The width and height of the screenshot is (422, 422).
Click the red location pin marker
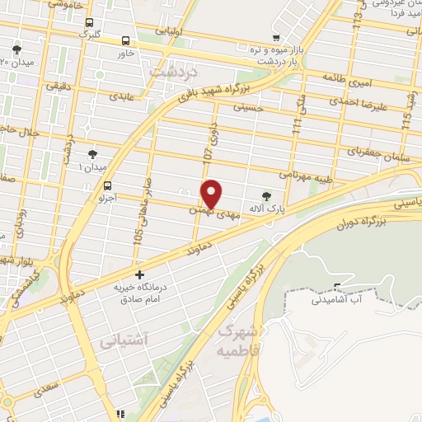point(212,194)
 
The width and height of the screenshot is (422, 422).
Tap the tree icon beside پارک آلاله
point(265,196)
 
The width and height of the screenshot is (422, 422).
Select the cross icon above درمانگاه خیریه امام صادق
point(139,274)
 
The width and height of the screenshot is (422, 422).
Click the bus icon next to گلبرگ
point(88,23)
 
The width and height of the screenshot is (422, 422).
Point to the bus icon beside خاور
point(125,40)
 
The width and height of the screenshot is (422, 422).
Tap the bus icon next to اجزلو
point(107,186)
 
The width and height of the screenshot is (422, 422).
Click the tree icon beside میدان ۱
point(93,154)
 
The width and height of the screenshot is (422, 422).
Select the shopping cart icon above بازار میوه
point(277,37)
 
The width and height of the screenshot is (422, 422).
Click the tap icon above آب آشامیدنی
point(335,287)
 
